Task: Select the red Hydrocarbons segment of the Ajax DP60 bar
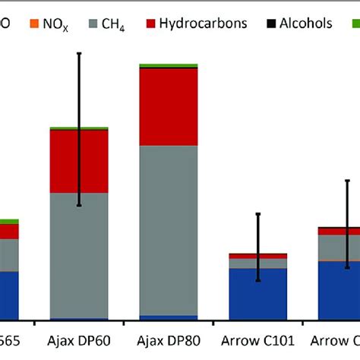tap(79, 161)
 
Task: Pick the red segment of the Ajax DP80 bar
tap(169, 106)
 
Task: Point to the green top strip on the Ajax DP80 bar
tap(169, 66)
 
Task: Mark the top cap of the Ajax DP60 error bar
tap(79, 53)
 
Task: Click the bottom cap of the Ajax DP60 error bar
tap(79, 206)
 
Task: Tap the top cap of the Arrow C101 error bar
tap(258, 214)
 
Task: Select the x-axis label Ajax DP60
tap(79, 341)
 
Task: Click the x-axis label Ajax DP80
tap(169, 341)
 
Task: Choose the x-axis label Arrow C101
tap(258, 341)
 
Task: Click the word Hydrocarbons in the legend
tap(204, 24)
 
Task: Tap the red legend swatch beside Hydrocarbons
tap(150, 24)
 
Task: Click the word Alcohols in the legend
tap(306, 24)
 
